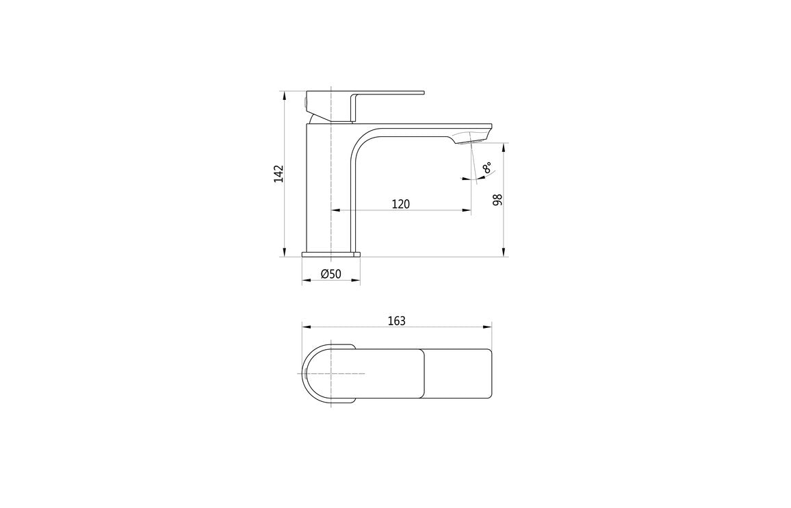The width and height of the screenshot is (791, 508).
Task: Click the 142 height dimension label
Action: [x=278, y=173]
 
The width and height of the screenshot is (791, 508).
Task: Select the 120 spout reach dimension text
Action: [x=400, y=203]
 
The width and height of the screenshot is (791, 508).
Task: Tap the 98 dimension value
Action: [x=497, y=199]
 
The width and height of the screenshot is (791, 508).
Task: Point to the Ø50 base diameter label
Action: [x=330, y=275]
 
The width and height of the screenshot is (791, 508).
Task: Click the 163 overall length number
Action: [x=396, y=320]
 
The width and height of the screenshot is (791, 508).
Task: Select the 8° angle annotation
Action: [x=487, y=168]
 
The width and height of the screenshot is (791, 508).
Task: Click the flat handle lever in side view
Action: [x=387, y=92]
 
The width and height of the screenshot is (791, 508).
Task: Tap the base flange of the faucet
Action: [x=330, y=255]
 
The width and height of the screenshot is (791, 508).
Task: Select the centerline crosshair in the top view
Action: [x=330, y=373]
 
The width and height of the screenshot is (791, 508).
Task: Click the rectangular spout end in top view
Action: [x=457, y=374]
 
